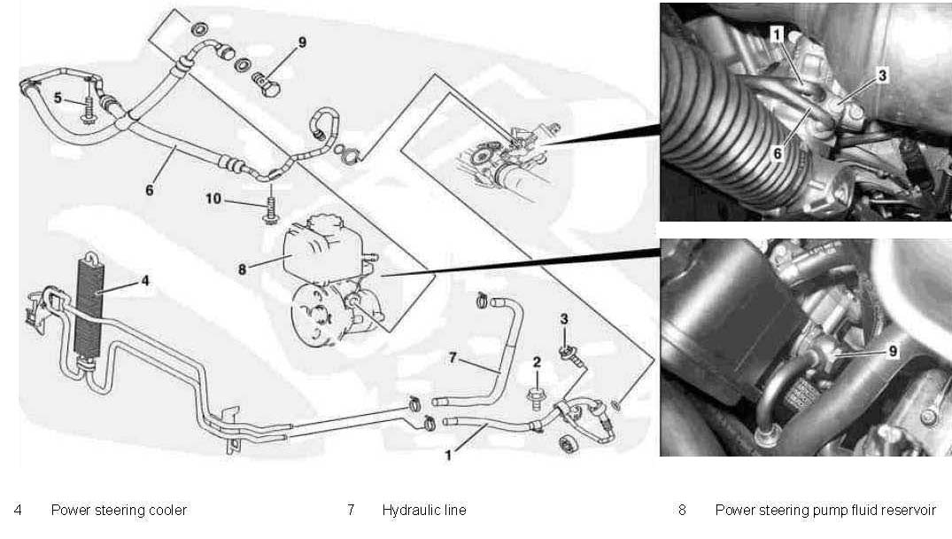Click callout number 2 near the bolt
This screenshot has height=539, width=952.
pyautogui.click(x=536, y=361)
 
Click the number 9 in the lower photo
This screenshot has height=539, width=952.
pyautogui.click(x=893, y=351)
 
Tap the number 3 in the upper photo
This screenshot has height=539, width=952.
pyautogui.click(x=882, y=77)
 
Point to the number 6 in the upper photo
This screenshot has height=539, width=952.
pyautogui.click(x=777, y=152)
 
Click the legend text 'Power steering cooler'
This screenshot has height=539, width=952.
pyautogui.click(x=119, y=511)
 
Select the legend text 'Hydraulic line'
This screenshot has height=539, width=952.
pyautogui.click(x=423, y=511)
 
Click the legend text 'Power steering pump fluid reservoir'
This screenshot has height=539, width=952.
pyautogui.click(x=824, y=511)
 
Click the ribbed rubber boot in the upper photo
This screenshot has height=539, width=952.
pyautogui.click(x=708, y=133)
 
